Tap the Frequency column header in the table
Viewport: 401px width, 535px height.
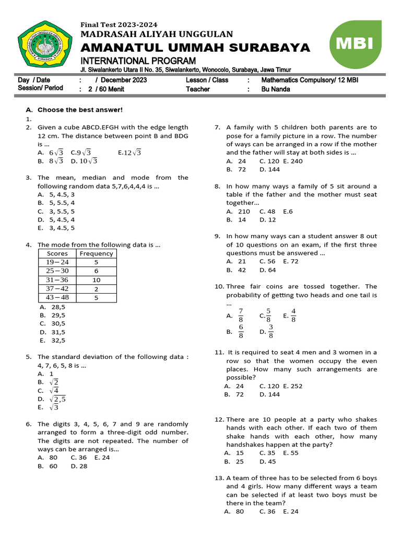96,253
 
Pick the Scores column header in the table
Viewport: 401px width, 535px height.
57,253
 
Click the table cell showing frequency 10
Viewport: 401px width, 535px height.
96,280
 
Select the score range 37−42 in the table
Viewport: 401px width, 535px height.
57,289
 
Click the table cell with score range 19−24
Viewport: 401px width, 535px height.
57,262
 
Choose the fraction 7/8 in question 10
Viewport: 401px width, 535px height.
241,316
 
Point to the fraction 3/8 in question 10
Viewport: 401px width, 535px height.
270,331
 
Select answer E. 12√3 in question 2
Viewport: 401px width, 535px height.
129,153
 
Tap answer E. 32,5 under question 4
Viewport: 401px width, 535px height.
52,340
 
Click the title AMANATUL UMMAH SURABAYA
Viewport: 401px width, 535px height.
195,48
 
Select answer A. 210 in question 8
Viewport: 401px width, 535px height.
238,212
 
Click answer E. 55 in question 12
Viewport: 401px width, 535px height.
291,453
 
